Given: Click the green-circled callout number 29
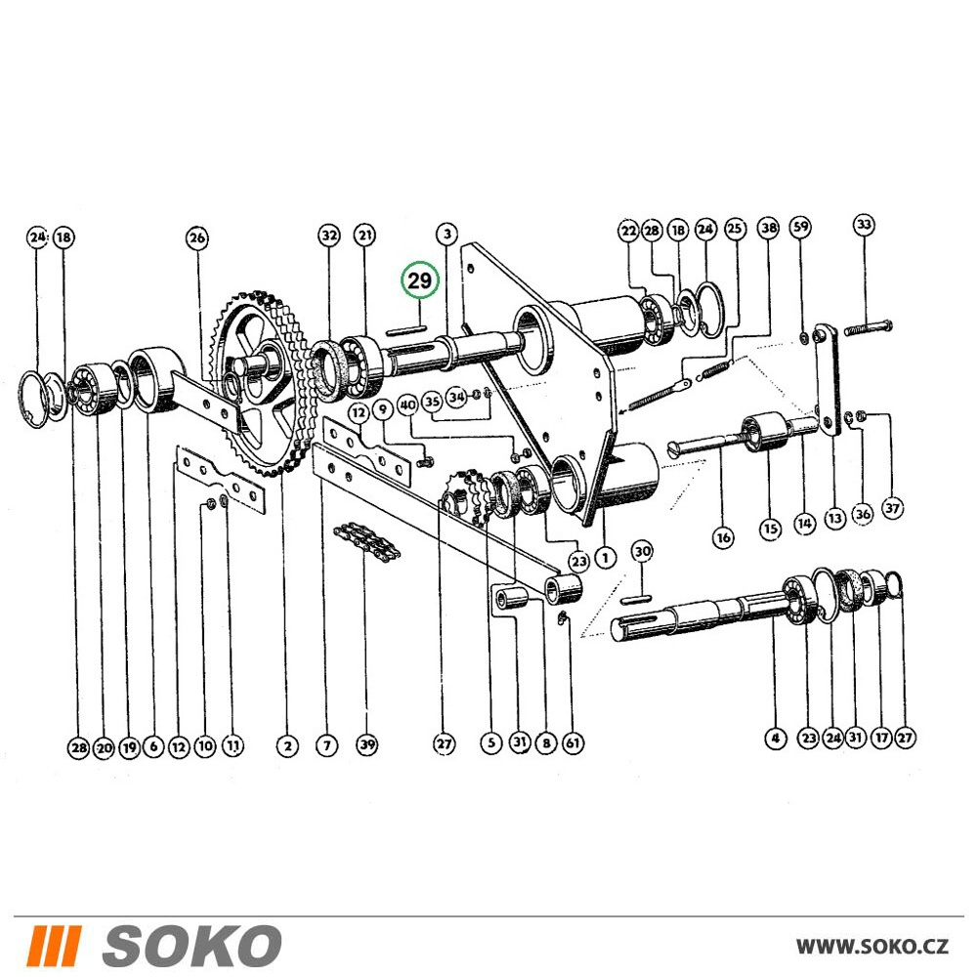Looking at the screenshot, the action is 419,280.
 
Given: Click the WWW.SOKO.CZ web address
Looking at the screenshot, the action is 872,947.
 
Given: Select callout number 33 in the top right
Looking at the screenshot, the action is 864,225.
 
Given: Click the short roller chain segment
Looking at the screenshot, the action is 367,539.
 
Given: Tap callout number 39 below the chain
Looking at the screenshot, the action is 367,743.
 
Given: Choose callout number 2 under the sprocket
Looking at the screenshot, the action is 287,745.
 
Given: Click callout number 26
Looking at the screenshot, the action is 197,237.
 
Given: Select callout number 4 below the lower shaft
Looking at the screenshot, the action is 775,739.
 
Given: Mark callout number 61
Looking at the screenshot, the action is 573,743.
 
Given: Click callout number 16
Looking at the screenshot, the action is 723,537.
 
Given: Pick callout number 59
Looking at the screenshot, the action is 801,227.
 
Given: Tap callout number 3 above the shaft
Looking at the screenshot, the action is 446,234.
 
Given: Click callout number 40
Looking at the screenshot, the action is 407,405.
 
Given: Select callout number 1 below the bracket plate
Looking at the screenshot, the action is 605,557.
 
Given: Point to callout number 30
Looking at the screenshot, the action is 643,551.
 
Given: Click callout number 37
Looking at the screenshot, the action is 893,508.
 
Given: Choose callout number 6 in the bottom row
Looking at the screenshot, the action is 153,746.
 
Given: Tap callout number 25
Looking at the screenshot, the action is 736,229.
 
